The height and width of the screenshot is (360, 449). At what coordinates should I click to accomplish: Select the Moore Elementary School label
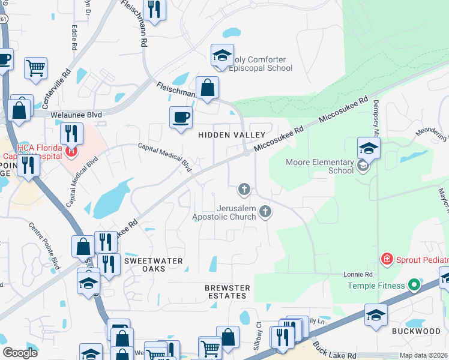(319, 166)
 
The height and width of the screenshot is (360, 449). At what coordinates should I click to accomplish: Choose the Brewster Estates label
(226, 292)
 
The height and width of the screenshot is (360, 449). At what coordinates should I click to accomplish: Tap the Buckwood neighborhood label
(416, 331)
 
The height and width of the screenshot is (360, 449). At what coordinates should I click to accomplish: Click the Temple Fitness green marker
(414, 286)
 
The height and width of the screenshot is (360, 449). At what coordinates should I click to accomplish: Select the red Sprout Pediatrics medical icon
(388, 259)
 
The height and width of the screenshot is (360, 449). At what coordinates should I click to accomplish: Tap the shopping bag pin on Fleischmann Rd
(207, 88)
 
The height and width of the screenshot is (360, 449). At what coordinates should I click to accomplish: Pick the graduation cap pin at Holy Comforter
(222, 56)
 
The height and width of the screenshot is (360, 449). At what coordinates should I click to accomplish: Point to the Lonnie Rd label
(358, 274)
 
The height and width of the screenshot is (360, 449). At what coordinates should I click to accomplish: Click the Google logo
(20, 353)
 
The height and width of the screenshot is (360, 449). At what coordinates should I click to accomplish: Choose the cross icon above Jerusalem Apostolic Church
(244, 190)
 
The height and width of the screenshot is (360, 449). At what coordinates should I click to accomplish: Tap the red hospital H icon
(71, 152)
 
